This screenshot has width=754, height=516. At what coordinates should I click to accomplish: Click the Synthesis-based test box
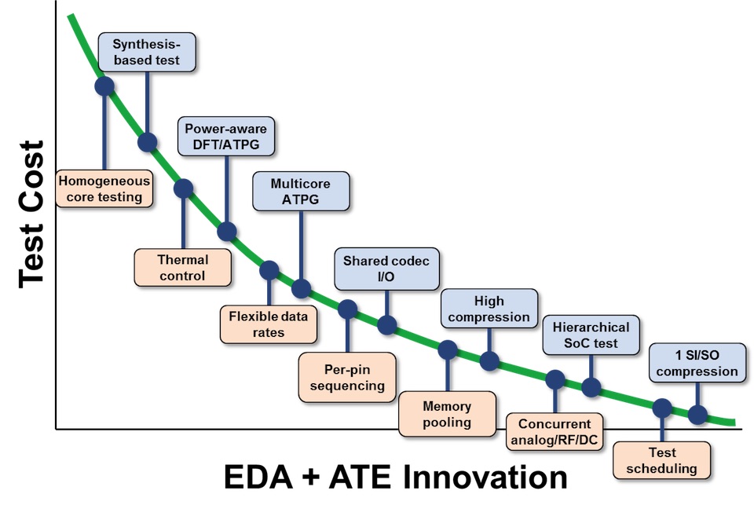tap(147, 52)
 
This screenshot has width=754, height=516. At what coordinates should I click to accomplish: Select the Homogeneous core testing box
tap(104, 188)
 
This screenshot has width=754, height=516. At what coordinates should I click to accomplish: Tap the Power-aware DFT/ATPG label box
tap(226, 136)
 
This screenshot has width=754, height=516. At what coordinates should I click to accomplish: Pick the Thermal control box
tap(183, 267)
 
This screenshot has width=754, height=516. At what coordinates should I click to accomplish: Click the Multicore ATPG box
tap(301, 191)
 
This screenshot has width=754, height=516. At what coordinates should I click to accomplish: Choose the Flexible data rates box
tap(269, 324)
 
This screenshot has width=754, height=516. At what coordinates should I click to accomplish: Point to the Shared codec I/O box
tap(386, 269)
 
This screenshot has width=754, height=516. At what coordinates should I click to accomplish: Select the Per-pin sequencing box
tap(347, 377)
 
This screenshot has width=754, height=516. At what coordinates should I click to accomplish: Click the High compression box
tap(489, 309)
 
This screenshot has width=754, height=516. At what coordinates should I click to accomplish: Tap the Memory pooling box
tap(447, 414)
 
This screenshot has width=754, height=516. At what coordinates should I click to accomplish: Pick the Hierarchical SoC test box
tap(591, 335)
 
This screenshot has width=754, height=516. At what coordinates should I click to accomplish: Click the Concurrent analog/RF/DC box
tap(555, 431)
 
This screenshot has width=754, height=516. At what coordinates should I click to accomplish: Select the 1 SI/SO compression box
tap(697, 363)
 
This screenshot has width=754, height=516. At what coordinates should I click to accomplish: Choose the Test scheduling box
tap(661, 460)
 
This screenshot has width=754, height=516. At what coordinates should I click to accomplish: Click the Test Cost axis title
tap(31, 214)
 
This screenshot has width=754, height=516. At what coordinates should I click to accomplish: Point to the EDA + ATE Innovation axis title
tap(396, 477)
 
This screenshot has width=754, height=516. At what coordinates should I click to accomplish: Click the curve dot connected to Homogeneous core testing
tap(104, 86)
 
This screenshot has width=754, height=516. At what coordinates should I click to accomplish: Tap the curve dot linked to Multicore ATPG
tap(301, 288)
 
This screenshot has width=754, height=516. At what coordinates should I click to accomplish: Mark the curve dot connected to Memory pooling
tap(448, 350)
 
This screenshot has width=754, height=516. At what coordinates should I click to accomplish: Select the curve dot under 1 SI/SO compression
tap(697, 415)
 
